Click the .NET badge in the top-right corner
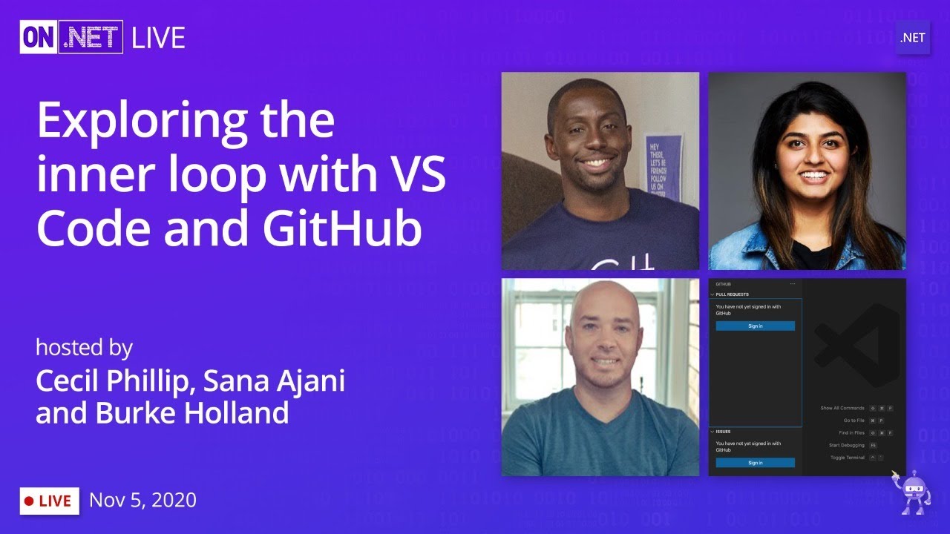pos(912,38)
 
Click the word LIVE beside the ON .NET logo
pos(158,38)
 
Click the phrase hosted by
pos(84,347)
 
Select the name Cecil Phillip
pos(114,381)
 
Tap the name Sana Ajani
pos(274,381)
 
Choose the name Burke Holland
pos(191,413)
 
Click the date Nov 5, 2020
pos(142,501)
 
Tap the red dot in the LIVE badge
pos(29,501)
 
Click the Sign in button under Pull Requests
pos(755,326)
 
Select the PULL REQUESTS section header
pos(732,294)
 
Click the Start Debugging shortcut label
pos(846,445)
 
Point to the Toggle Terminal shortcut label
pos(847,458)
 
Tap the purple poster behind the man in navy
pos(662,167)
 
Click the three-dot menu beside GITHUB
pos(792,284)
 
